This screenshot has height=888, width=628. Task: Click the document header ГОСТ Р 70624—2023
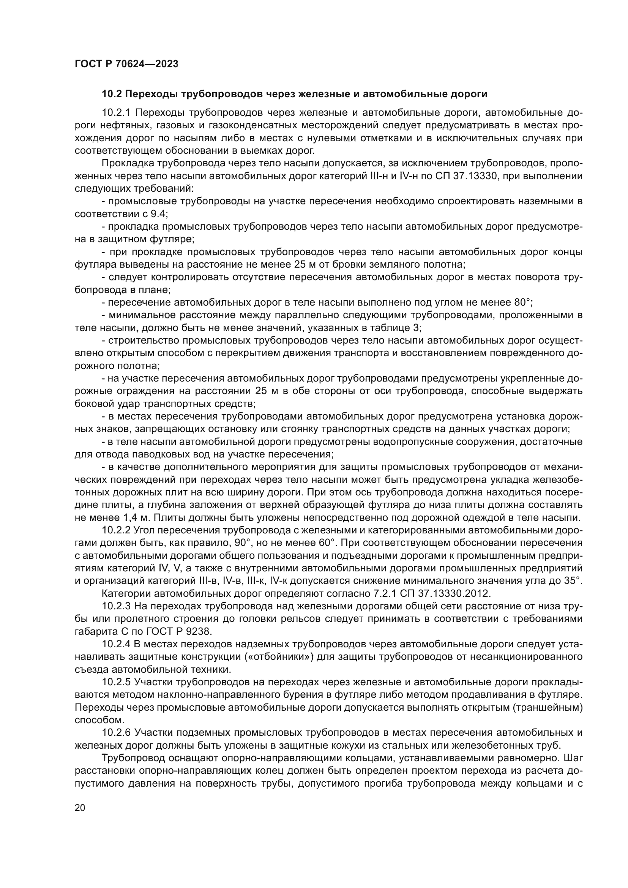(126, 64)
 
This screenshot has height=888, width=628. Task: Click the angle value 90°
(244, 543)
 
